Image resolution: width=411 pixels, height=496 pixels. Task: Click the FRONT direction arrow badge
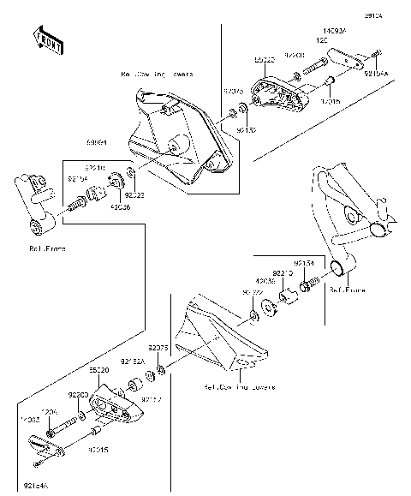click(x=47, y=39)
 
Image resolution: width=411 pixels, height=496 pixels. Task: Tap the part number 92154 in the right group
click(x=304, y=263)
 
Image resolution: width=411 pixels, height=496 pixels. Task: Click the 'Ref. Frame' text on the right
click(x=347, y=290)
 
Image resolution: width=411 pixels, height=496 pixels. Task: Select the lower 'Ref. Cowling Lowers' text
click(x=239, y=387)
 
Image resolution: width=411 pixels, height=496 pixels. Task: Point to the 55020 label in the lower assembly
click(x=99, y=371)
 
